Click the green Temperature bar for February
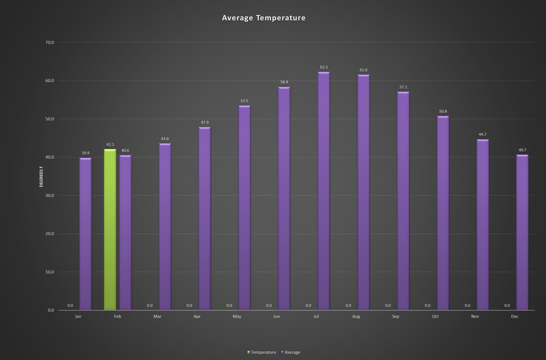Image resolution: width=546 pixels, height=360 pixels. click(x=110, y=230)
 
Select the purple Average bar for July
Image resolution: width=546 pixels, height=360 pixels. click(x=324, y=191)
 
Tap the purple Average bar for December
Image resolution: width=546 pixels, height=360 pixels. click(x=522, y=232)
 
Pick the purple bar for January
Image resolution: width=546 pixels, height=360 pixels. click(x=86, y=234)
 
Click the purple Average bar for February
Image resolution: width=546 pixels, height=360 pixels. click(x=125, y=233)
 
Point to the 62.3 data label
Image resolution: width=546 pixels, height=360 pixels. click(x=324, y=67)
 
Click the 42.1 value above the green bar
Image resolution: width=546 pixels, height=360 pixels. click(x=110, y=145)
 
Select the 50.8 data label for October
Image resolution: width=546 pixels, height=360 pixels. click(x=443, y=111)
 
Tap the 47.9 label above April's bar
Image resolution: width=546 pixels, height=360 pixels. click(x=205, y=122)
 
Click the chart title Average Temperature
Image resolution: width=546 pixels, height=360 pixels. click(x=264, y=18)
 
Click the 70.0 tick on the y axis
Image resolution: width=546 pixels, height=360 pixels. click(x=50, y=42)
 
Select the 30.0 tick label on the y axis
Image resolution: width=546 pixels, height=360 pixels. click(x=50, y=195)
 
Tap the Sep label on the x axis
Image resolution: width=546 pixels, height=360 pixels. click(x=396, y=316)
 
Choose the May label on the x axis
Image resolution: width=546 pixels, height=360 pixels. click(x=237, y=316)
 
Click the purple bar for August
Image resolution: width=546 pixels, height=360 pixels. click(x=364, y=193)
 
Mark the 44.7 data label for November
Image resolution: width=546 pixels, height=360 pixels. click(x=483, y=135)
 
